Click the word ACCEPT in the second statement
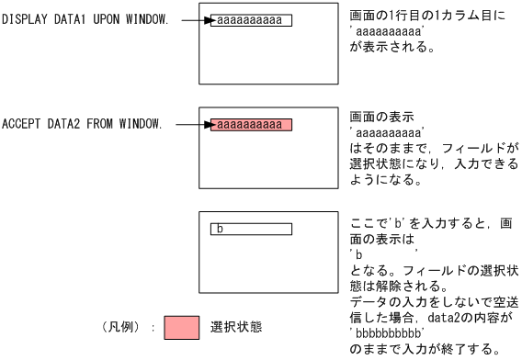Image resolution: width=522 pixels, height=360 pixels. (x=19, y=124)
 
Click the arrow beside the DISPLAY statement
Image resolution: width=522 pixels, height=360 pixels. (x=194, y=20)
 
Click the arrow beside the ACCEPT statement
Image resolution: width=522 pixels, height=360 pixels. (x=194, y=124)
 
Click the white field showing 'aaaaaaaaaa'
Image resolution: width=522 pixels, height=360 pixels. (x=251, y=20)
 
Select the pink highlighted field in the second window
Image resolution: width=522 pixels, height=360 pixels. (x=251, y=124)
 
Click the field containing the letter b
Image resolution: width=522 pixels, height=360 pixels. (x=251, y=229)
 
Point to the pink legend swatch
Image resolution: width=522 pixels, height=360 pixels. (x=181, y=328)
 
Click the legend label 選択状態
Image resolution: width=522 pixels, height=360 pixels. (x=238, y=328)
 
